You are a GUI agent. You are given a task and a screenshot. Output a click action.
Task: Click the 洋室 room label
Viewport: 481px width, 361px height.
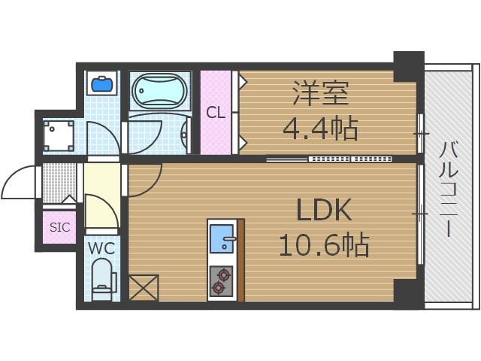coord(319,96)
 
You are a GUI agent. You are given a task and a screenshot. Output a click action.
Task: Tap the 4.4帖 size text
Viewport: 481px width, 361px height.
coord(319,129)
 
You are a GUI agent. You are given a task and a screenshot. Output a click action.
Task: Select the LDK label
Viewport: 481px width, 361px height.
coord(324,211)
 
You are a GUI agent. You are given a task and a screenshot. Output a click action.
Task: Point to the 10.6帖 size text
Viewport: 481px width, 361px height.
coord(324,245)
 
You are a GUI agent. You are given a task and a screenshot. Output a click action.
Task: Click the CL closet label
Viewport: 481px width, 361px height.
coord(216,114)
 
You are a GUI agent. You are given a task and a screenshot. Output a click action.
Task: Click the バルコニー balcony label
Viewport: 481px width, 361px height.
coord(449,188)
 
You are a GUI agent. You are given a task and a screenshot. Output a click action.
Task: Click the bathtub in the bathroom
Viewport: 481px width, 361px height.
coord(160,92)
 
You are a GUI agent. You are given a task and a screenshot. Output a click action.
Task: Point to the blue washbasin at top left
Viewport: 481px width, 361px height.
coord(101,82)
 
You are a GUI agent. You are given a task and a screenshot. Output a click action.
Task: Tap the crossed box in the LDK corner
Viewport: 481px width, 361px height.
coord(144,288)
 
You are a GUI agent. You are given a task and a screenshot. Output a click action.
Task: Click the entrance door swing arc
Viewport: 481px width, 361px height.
coord(19,182)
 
